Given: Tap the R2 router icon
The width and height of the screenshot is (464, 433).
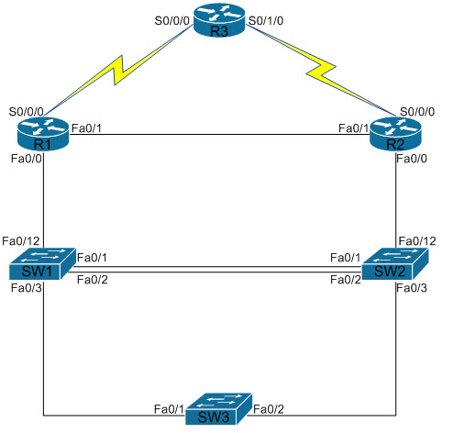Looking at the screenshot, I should pos(394,136).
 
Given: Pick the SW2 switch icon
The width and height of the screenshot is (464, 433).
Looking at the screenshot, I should pos(392,266).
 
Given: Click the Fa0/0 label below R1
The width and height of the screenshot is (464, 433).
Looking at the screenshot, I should pos(25,160).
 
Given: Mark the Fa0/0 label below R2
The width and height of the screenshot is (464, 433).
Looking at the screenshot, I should pos(412,160).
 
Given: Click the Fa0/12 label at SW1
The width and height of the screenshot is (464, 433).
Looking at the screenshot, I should pos(21,241).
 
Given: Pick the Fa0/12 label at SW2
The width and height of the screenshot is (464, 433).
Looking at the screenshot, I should pos(416,241).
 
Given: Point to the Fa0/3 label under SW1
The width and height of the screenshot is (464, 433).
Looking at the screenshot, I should pos(25,289).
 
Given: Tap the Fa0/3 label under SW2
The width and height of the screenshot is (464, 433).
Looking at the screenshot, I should pos(412,289).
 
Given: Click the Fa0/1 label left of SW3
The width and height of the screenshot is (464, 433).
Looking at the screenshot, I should pos(171,409).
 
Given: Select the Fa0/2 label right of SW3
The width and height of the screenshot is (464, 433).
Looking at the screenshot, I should pos(270,409).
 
